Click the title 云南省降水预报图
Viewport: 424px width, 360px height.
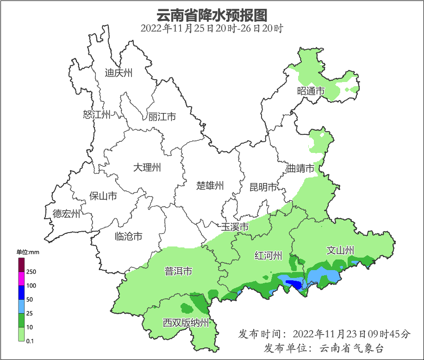coord(212,15)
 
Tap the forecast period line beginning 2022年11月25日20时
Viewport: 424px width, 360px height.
coord(212,29)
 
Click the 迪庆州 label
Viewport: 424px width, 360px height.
coord(118,73)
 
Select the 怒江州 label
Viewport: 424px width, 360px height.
coord(97,114)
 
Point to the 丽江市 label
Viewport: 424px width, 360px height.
coord(162,117)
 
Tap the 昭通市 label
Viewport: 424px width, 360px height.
coord(311,91)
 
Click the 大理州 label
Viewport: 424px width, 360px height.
coord(147,167)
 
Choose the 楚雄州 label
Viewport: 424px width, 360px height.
coord(210,186)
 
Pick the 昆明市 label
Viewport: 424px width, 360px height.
coord(263,187)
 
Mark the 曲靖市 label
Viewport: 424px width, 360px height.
coord(300,168)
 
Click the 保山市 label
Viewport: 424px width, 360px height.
coord(103,196)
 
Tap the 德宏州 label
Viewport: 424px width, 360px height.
coord(66,214)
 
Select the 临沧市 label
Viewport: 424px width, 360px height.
coord(128,237)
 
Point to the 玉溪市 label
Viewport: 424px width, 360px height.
coord(235,227)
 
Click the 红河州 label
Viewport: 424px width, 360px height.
coord(268,255)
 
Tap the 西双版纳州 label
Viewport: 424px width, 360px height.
coord(186,323)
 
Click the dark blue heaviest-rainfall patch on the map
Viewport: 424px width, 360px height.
coord(293,284)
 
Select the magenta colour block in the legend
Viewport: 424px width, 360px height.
coord(21,279)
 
